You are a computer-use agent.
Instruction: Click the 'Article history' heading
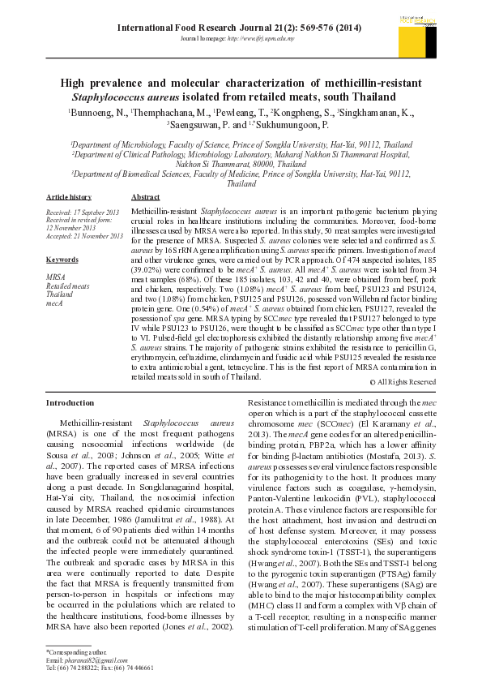(69, 197)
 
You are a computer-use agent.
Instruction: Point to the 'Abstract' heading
(145, 197)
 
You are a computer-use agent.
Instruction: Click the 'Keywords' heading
(62, 260)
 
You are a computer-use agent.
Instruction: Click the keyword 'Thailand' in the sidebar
(59, 294)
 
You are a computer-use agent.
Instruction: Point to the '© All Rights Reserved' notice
(403, 381)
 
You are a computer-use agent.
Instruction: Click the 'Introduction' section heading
(70, 402)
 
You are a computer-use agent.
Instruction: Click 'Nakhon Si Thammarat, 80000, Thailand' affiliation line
(241, 163)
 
